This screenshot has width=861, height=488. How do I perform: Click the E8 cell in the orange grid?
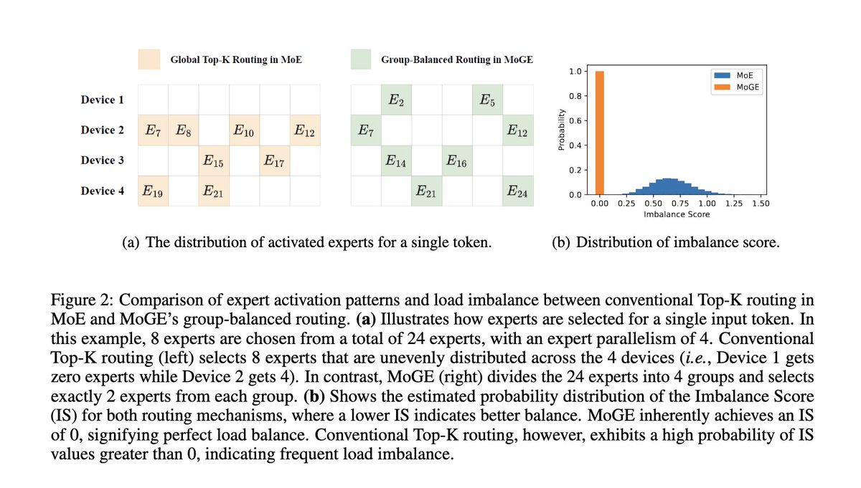184,130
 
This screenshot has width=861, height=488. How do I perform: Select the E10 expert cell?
244,130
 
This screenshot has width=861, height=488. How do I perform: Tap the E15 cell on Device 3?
214,161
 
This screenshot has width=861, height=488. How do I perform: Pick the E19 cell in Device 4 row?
153,191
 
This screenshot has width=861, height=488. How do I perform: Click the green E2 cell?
395,100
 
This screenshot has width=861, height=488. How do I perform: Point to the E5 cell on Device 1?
486,100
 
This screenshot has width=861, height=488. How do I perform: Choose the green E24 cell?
516,191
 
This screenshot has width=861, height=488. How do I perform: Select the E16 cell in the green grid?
456,161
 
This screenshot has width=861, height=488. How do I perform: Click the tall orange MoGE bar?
600,133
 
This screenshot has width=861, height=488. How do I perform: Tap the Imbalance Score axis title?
677,214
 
